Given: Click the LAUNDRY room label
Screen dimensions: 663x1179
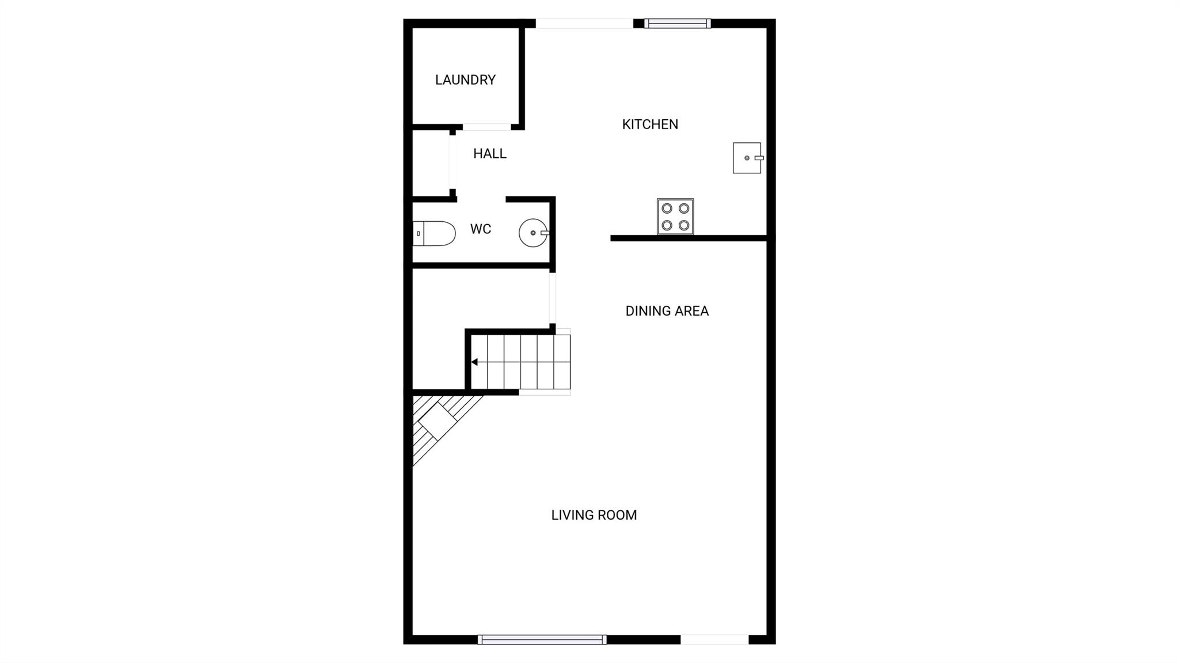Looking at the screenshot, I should point(465,80).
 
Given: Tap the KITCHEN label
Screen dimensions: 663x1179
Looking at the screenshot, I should point(650,124).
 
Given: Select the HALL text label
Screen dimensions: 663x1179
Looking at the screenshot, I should point(489,154).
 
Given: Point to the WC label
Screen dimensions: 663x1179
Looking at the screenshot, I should point(480,229).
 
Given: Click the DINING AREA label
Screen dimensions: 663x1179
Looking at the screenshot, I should point(667,311).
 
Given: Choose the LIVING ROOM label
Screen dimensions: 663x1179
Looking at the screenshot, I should point(594,515).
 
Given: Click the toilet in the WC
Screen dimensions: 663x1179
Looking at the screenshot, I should point(435,233).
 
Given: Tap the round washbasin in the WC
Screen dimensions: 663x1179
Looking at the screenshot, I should point(533,233).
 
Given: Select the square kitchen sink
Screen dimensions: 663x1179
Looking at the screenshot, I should point(747,158).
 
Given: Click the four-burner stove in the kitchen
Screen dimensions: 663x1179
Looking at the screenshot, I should point(675,217).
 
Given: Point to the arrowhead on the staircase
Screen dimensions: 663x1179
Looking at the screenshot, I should point(474,362).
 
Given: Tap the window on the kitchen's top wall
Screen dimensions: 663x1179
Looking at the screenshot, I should point(678,24).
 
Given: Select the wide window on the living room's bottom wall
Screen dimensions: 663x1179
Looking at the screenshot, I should point(542,639).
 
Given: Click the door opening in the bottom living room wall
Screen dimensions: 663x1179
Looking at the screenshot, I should point(714,639).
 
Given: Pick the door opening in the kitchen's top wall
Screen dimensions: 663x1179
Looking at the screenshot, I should point(584,24).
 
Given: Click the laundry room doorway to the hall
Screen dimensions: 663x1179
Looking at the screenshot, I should point(486,127).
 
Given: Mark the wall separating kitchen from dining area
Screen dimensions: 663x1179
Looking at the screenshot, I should point(689,238).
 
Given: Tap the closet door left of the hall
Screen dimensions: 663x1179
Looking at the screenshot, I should point(452,162).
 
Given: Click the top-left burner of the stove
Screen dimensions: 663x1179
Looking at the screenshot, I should point(667,208).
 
